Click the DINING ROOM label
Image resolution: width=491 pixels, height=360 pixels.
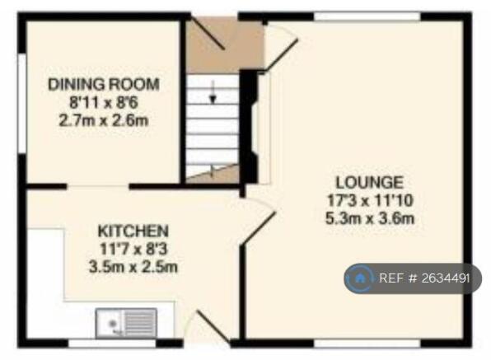tap(103, 85)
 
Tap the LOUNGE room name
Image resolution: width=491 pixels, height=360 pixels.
tap(370, 183)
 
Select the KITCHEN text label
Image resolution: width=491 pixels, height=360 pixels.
tap(133, 231)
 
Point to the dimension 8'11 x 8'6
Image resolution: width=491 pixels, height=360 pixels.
tap(103, 102)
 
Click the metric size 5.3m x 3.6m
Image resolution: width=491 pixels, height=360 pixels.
tap(370, 218)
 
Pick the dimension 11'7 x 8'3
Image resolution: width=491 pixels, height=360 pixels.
tap(133, 249)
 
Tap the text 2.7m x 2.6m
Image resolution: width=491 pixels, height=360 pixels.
tap(103, 120)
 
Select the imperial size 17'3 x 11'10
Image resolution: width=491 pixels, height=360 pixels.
tap(370, 200)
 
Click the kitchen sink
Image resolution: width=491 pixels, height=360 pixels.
tap(126, 323)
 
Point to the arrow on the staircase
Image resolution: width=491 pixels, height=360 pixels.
tap(213, 92)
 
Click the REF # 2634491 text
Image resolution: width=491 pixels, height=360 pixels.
tap(424, 278)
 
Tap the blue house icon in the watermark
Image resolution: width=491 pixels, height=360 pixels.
tap(360, 278)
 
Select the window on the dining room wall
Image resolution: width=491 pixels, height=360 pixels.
tap(22, 104)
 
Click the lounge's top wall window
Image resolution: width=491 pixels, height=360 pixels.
tap(367, 16)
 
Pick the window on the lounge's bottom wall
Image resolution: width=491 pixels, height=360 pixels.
tap(367, 343)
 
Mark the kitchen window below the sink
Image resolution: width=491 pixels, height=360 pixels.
tap(112, 343)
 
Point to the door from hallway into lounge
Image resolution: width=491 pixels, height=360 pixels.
tap(281, 54)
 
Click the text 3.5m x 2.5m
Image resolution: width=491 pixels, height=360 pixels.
tap(133, 267)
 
